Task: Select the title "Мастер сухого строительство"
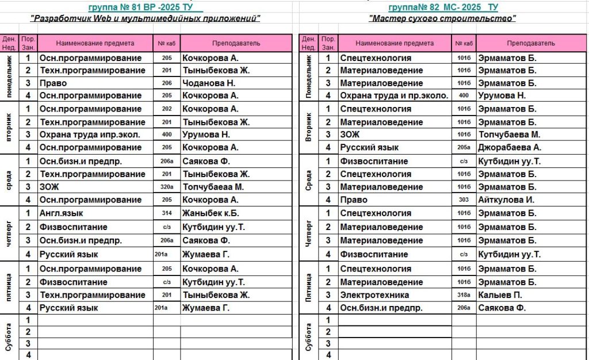click(442, 18)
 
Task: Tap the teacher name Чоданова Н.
click(205, 83)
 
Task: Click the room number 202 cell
click(167, 109)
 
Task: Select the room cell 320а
click(167, 187)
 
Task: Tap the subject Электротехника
click(374, 295)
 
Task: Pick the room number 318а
click(464, 295)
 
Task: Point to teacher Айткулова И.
click(506, 200)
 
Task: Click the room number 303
click(464, 200)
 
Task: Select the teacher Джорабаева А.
click(509, 147)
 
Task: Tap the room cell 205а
click(464, 147)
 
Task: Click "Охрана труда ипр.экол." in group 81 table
click(89, 135)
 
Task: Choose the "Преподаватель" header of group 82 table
click(530, 43)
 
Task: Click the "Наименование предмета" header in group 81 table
click(95, 43)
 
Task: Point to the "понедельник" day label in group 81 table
click(9, 76)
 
